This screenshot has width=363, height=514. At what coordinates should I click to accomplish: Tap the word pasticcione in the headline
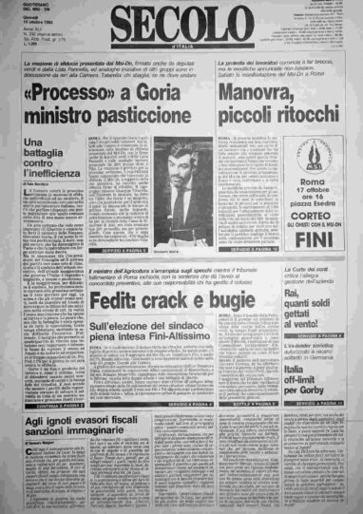[156, 117]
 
